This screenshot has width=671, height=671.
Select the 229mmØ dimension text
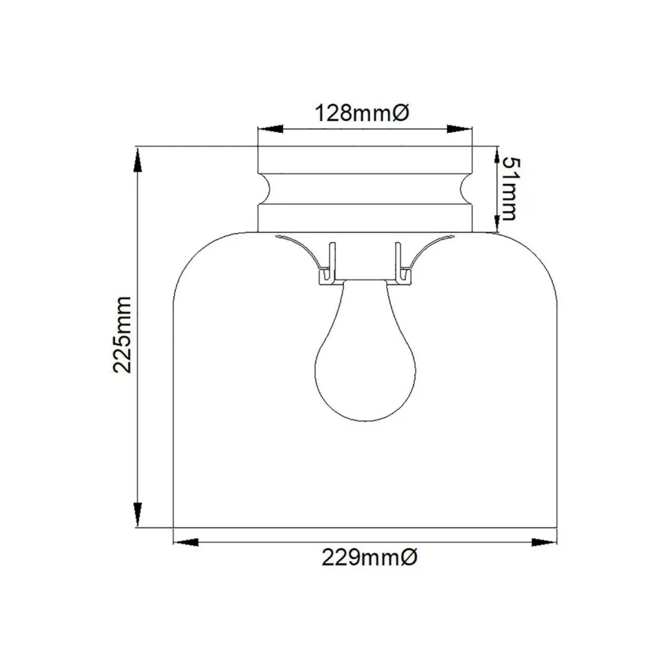click(369, 558)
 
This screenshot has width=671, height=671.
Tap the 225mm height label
click(124, 334)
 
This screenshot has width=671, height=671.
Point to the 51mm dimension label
click(508, 187)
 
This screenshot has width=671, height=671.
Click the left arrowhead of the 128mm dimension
click(270, 129)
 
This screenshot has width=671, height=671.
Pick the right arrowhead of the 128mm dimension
click(459, 129)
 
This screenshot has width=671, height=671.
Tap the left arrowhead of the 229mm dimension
click(186, 542)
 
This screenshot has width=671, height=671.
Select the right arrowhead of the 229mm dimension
click(544, 542)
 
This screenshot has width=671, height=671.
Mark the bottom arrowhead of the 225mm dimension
click(138, 514)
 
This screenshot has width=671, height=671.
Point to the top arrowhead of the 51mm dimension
click(497, 158)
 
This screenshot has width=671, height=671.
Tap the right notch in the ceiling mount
click(467, 188)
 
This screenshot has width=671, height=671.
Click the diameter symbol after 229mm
click(409, 558)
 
